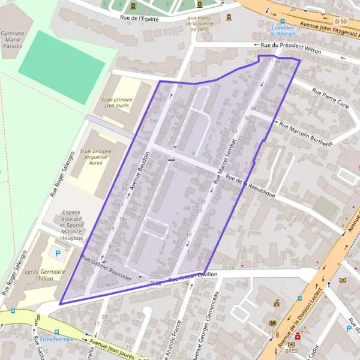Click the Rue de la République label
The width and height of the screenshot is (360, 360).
(x=251, y=187)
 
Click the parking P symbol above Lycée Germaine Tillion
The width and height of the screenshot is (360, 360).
(x=58, y=253)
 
